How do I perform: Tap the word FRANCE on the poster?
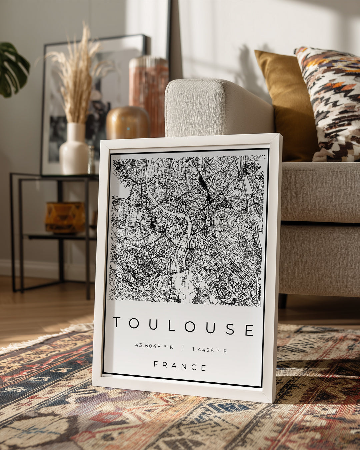pos(180,366)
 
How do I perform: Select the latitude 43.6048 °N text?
pos(154,346)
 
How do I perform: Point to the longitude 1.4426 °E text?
pos(209,350)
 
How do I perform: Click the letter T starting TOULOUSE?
pos(117,322)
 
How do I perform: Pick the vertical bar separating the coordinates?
pos(183,348)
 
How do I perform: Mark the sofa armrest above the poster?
pos(217,107)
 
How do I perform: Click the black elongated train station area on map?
pos(202,183)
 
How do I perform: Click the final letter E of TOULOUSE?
pos(249,330)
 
